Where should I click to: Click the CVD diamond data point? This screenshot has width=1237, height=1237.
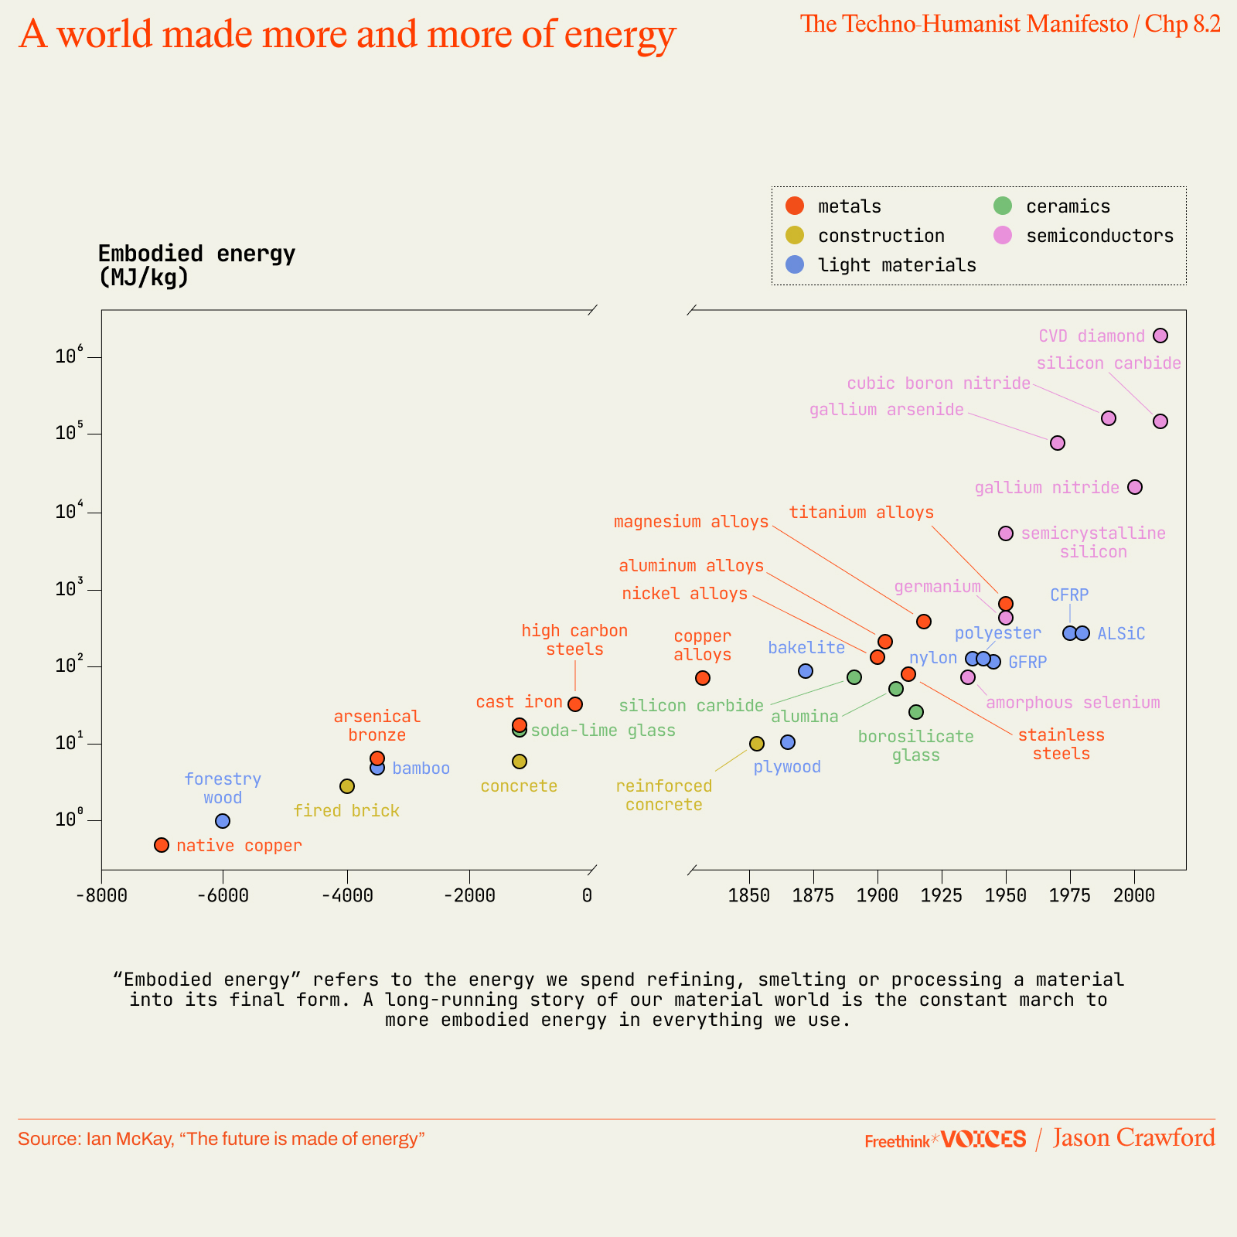pyautogui.click(x=1160, y=336)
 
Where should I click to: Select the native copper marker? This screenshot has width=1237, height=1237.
pyautogui.click(x=162, y=845)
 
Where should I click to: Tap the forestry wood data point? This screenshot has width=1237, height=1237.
pyautogui.click(x=223, y=821)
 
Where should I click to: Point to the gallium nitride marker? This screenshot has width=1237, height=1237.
pyautogui.click(x=1135, y=487)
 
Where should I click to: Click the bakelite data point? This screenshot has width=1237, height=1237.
pyautogui.click(x=806, y=671)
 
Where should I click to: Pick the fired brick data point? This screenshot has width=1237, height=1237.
pyautogui.click(x=347, y=786)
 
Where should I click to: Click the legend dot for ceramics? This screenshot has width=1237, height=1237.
pyautogui.click(x=1003, y=206)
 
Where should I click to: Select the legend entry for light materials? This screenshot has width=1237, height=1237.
pyautogui.click(x=897, y=265)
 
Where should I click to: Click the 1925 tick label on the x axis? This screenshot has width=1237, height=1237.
pyautogui.click(x=942, y=896)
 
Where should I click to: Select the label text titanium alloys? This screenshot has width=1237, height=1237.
pyautogui.click(x=861, y=513)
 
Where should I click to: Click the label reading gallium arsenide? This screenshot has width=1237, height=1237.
pyautogui.click(x=887, y=410)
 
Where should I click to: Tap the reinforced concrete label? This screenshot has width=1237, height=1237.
pyautogui.click(x=664, y=796)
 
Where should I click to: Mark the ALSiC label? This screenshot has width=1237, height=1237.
pyautogui.click(x=1121, y=634)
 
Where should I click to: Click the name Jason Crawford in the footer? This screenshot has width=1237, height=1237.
pyautogui.click(x=1133, y=1138)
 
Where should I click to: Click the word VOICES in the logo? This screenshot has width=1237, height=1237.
pyautogui.click(x=983, y=1139)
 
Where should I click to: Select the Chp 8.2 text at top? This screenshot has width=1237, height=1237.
pyautogui.click(x=1182, y=24)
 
